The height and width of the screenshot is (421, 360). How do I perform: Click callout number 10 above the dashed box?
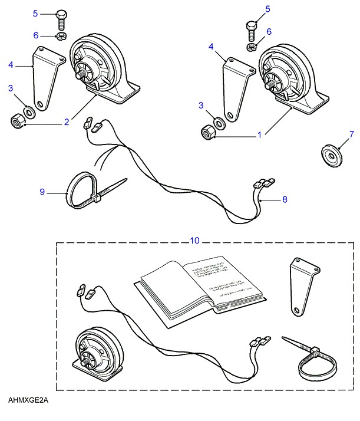[195, 240]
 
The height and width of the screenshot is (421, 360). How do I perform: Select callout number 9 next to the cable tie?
[42, 192]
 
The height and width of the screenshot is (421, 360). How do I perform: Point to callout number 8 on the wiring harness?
[284, 199]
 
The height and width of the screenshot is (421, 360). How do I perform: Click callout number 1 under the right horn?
[259, 135]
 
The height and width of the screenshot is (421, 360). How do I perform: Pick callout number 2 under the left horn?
[67, 122]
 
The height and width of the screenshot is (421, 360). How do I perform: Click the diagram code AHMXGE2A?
[28, 401]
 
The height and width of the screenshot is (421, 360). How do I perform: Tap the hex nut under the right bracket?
[208, 133]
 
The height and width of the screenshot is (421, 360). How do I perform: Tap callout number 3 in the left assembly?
[11, 88]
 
